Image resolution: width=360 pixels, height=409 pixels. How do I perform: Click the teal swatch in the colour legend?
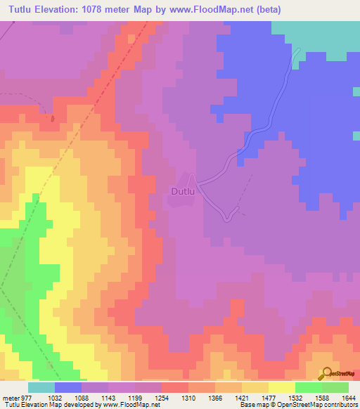coord(41,387)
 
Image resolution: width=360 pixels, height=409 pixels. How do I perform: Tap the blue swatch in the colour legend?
coord(68,387)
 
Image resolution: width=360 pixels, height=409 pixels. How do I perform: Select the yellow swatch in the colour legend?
coord(281,387)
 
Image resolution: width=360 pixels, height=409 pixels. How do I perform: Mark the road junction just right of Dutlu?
coord(198,184)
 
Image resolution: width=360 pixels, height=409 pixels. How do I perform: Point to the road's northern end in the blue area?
coord(298,50)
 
